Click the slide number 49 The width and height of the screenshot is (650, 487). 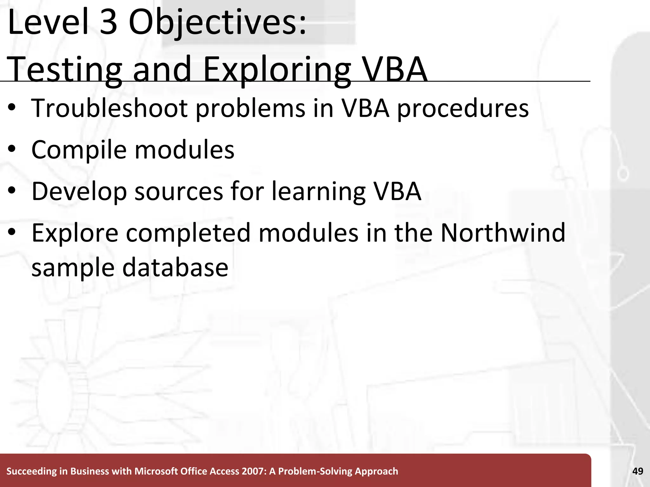coord(638,471)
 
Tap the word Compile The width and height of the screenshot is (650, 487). coord(79,150)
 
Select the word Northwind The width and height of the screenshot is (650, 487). coord(503,233)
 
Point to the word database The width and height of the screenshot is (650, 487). coord(175,268)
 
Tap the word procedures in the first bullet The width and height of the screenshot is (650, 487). coord(463,108)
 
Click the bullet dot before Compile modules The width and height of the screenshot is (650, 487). coord(12,150)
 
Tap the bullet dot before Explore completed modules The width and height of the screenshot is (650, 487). coord(12,233)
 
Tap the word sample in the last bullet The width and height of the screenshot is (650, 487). coord(73,268)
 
